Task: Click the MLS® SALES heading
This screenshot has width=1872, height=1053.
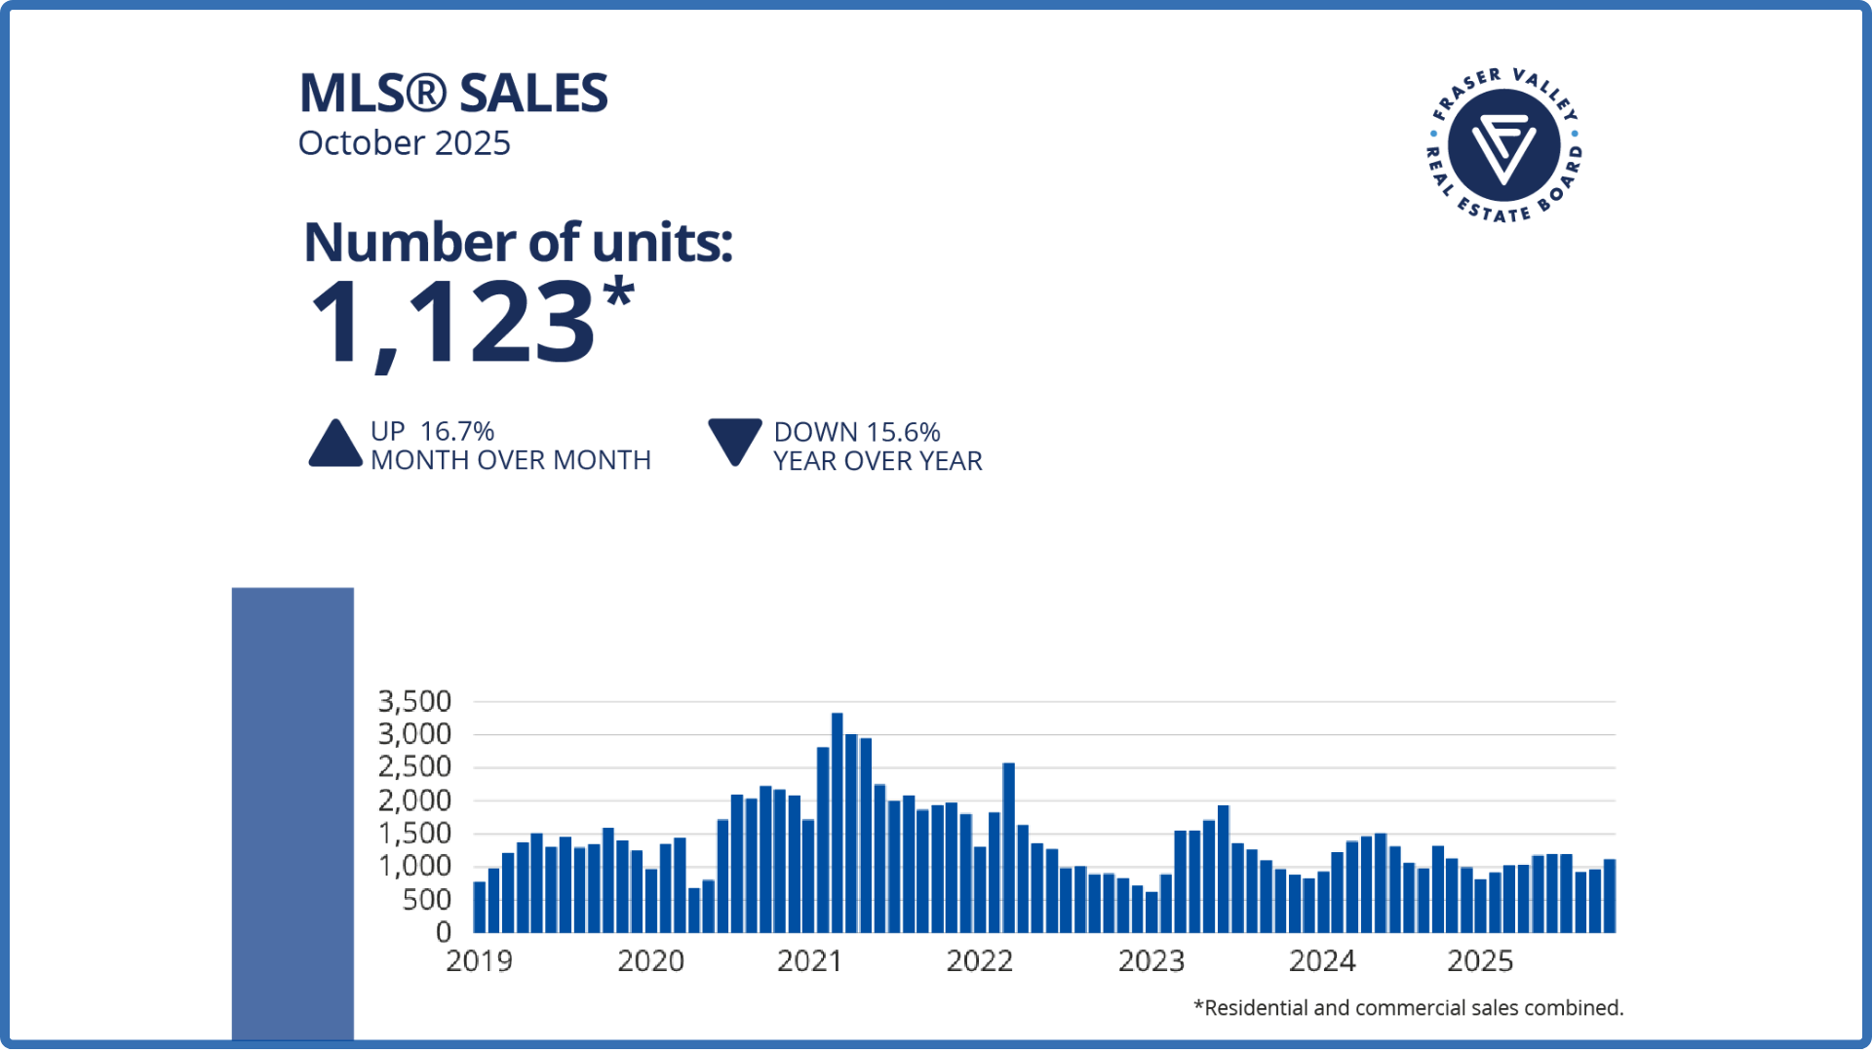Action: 453,94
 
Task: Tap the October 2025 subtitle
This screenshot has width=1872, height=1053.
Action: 404,143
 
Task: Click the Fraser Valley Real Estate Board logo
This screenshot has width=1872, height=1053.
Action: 1503,145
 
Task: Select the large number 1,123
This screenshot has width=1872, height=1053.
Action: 453,322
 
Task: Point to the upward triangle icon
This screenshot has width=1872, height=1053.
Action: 335,445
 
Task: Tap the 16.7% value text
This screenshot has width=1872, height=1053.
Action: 457,431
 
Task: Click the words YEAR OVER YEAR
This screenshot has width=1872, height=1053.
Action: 877,461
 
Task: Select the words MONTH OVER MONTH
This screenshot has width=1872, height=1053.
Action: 511,460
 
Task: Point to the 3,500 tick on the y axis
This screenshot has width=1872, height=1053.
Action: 414,701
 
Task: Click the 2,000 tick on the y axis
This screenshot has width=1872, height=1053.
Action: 414,800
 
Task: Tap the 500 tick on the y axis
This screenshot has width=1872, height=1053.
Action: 427,899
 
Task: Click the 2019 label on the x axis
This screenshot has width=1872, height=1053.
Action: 479,961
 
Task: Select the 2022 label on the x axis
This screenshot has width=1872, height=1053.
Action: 979,961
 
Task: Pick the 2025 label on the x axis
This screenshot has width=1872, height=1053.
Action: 1480,961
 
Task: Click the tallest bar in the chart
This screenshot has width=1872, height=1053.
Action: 837,823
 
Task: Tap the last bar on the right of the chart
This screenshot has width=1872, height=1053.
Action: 1610,896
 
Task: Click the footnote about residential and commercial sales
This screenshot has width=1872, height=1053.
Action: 1408,1008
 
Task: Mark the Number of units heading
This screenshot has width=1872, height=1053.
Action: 518,242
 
